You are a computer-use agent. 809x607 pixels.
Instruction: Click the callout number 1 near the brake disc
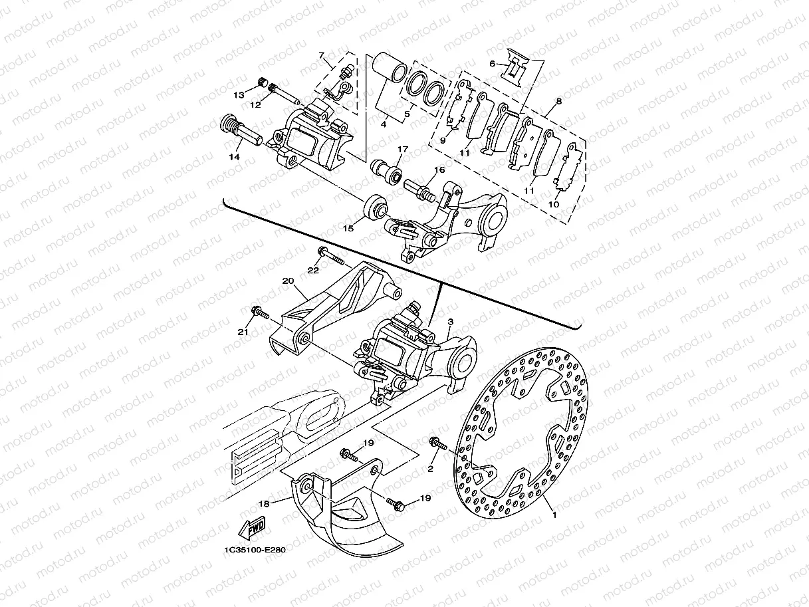(x=552, y=514)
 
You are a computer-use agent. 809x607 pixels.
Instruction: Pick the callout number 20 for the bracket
(x=288, y=281)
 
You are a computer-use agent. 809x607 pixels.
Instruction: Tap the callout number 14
(x=233, y=158)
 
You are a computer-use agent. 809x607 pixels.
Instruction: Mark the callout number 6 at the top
(x=493, y=64)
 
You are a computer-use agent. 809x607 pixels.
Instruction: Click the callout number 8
(x=558, y=102)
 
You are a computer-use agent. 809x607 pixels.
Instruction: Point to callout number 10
(x=553, y=205)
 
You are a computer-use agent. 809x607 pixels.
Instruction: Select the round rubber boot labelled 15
(x=373, y=207)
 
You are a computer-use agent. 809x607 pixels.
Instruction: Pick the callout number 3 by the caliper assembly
(x=450, y=322)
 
